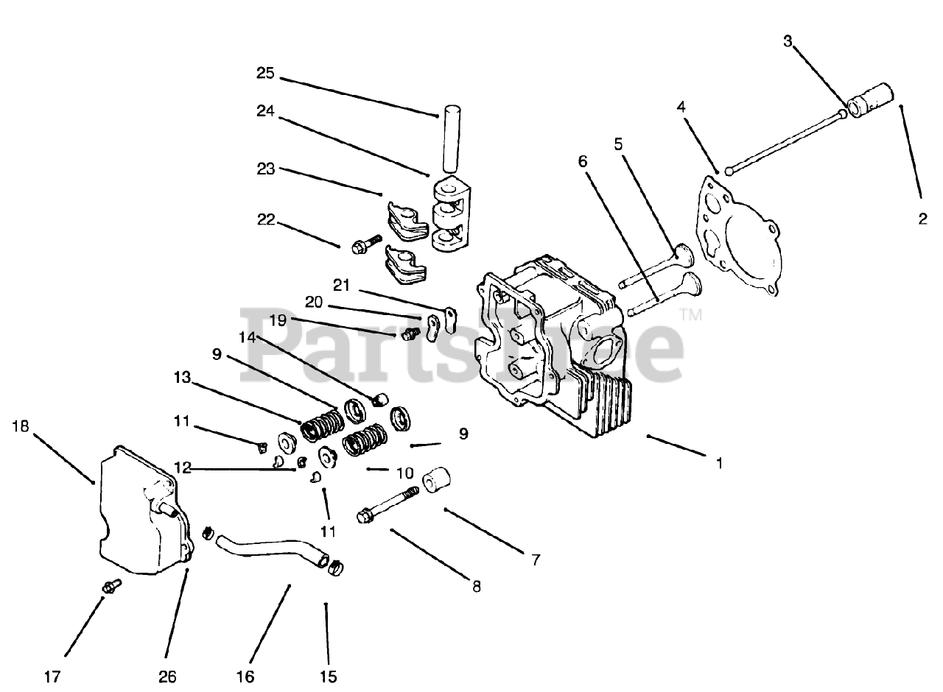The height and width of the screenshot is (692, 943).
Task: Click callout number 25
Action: point(265,73)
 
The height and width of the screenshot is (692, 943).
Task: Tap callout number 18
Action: point(21,426)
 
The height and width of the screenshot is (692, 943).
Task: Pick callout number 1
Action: point(719,463)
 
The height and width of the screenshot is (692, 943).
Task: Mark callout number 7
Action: point(535,560)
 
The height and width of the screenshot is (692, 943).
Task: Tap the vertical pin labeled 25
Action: point(450,141)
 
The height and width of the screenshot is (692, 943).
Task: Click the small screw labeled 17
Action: point(112,586)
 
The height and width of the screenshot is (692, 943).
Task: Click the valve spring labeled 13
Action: point(322,425)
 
